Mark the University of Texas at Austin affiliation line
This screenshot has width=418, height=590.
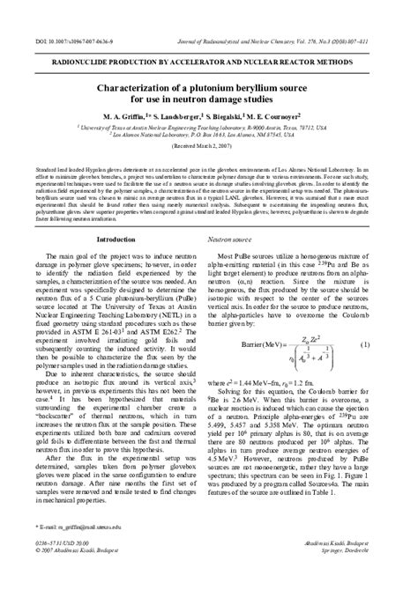click(x=208, y=128)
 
